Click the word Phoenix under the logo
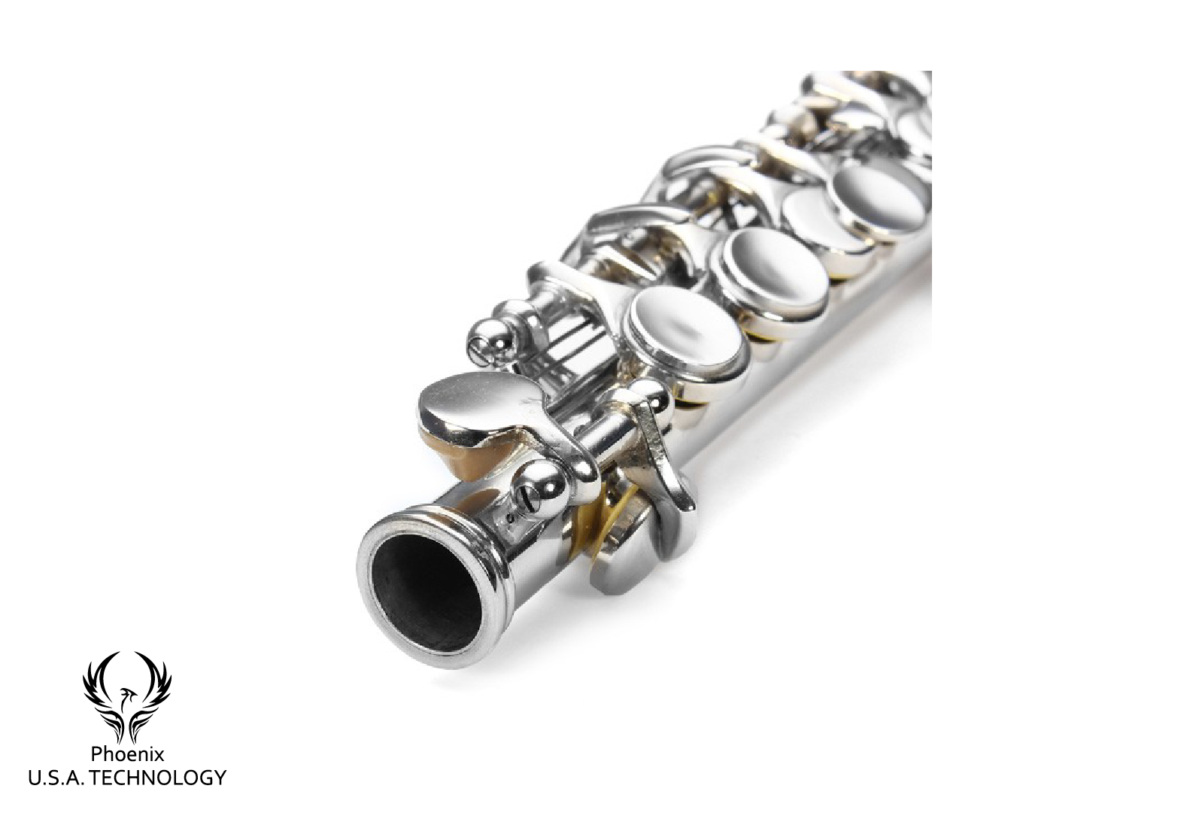[x=127, y=754]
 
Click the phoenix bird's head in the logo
[x=127, y=693]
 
